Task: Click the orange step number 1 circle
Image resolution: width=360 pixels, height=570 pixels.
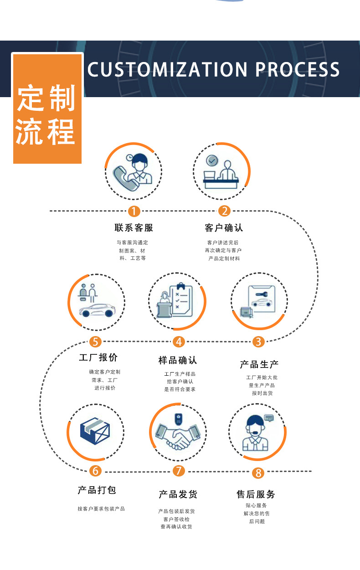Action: pyautogui.click(x=134, y=211)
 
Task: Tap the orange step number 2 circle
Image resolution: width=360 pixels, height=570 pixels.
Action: pyautogui.click(x=224, y=211)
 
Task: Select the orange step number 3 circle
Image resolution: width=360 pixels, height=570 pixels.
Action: pyautogui.click(x=258, y=342)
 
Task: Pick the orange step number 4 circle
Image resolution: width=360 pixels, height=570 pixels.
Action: pyautogui.click(x=179, y=342)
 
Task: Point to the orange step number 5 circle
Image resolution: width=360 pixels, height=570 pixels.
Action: pyautogui.click(x=95, y=342)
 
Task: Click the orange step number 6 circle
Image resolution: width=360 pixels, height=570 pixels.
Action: pyautogui.click(x=95, y=471)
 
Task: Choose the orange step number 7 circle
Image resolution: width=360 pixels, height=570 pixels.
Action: pyautogui.click(x=179, y=471)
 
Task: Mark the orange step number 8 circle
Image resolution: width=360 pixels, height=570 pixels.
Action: pyautogui.click(x=258, y=472)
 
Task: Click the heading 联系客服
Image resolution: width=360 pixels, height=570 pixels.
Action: pyautogui.click(x=134, y=228)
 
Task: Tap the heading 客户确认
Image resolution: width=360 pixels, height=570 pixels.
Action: pyautogui.click(x=224, y=228)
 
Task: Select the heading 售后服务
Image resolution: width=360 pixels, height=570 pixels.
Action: pyautogui.click(x=256, y=494)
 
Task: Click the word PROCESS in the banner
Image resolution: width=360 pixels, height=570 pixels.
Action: pyautogui.click(x=298, y=69)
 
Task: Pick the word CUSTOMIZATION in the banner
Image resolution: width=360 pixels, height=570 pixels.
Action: pyautogui.click(x=167, y=69)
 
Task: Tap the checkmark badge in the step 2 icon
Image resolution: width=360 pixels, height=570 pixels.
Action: pyautogui.click(x=212, y=161)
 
